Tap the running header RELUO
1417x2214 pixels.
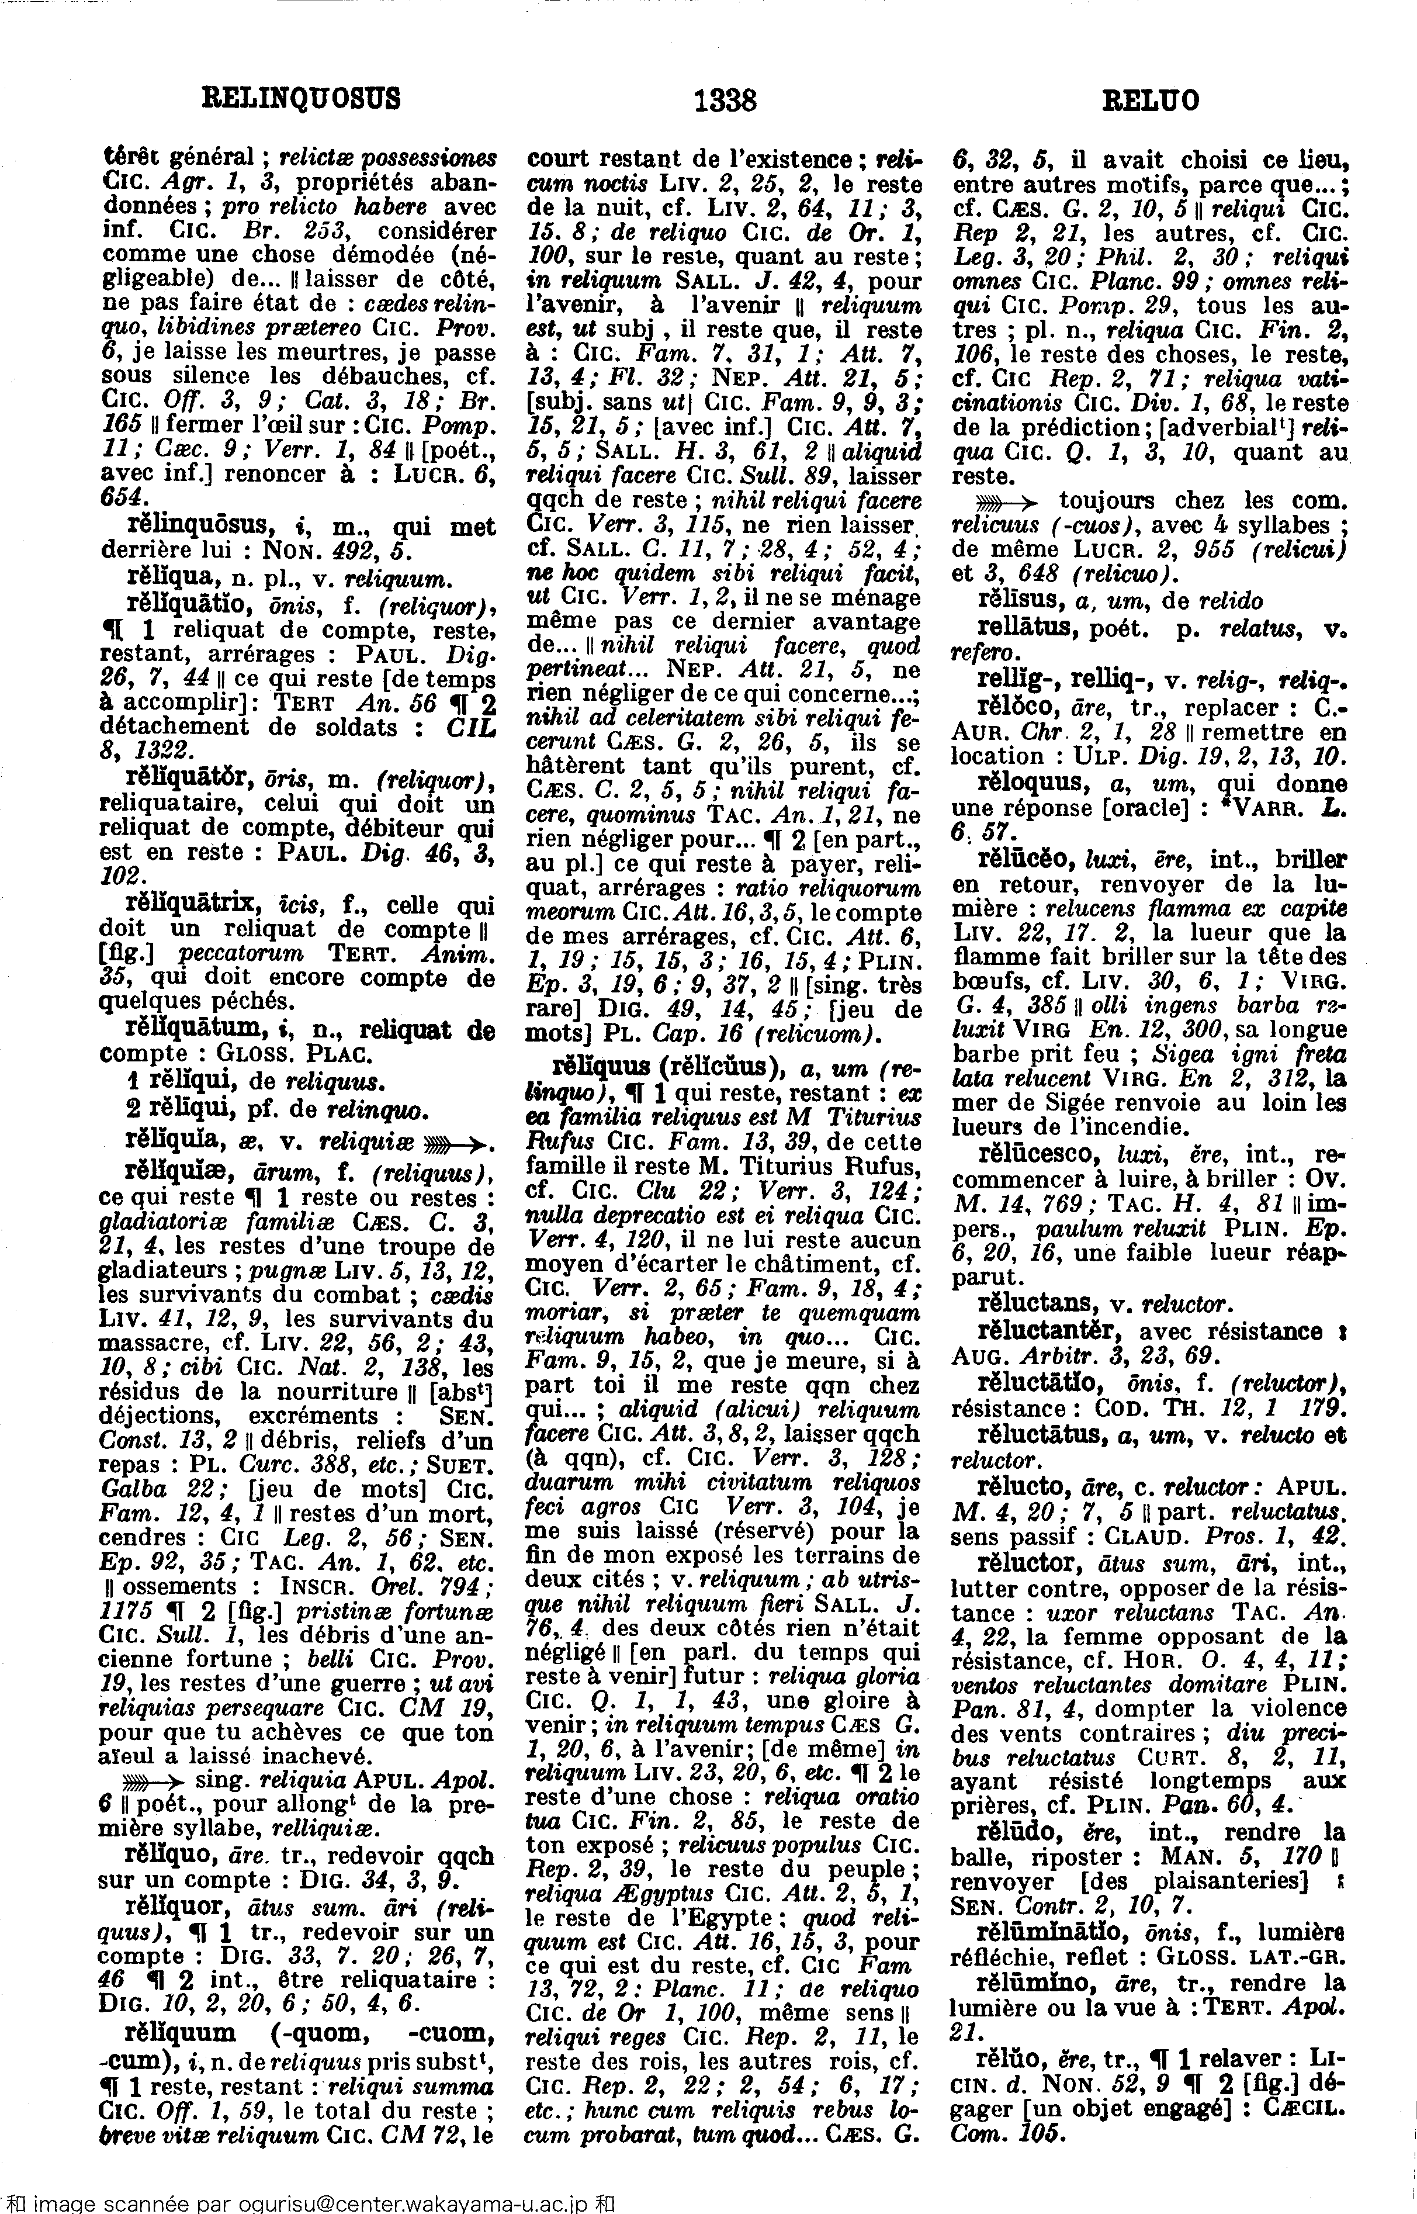pyautogui.click(x=1150, y=99)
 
